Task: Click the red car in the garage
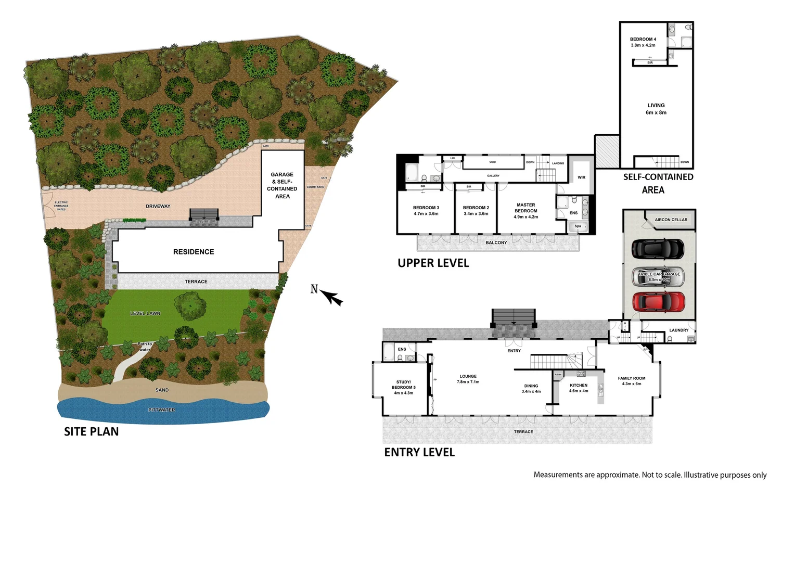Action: pyautogui.click(x=658, y=302)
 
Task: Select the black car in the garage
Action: pyautogui.click(x=658, y=249)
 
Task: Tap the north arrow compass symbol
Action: pyautogui.click(x=328, y=295)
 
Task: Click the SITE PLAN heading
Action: pyautogui.click(x=91, y=431)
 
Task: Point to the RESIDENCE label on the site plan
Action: pyautogui.click(x=194, y=252)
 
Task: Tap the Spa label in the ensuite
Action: pyautogui.click(x=578, y=226)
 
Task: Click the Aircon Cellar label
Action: pyautogui.click(x=671, y=220)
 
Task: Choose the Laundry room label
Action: pyautogui.click(x=678, y=330)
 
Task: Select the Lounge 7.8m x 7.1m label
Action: pyautogui.click(x=468, y=379)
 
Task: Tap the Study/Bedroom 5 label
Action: pyautogui.click(x=403, y=387)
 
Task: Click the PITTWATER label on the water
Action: pyautogui.click(x=162, y=410)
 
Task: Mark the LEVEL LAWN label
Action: pyautogui.click(x=145, y=313)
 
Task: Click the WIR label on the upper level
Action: pyautogui.click(x=581, y=177)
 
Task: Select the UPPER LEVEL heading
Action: pyautogui.click(x=433, y=263)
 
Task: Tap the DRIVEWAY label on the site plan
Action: pyautogui.click(x=158, y=207)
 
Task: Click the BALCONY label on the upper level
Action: pyautogui.click(x=496, y=242)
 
